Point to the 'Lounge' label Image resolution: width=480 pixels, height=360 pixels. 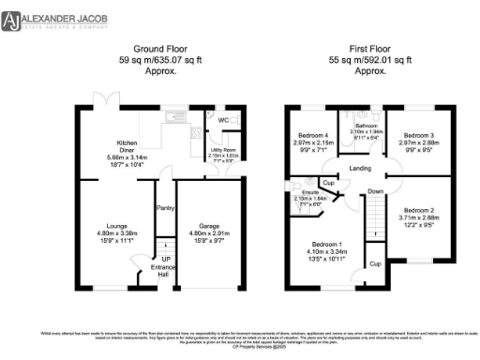coord(116,226)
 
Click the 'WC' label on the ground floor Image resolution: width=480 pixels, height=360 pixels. coord(223,121)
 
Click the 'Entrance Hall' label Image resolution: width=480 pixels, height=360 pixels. coord(166,268)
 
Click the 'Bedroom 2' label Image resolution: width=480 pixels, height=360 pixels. coord(418,210)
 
